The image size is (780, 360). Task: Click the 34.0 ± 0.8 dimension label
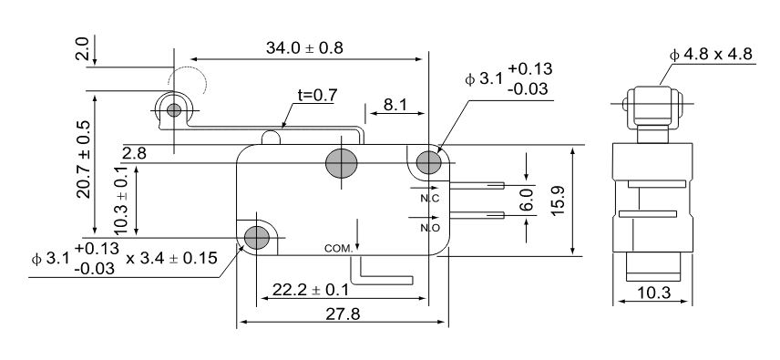[304, 47]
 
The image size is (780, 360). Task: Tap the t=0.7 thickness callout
[317, 95]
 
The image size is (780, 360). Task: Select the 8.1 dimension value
[395, 105]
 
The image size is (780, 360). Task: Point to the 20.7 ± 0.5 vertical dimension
[84, 159]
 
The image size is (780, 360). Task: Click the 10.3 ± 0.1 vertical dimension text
[121, 200]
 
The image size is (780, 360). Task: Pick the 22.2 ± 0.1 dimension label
[311, 290]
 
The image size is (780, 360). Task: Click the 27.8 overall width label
[343, 314]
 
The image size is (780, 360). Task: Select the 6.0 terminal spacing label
[528, 200]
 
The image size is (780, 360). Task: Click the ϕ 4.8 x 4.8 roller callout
[711, 54]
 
